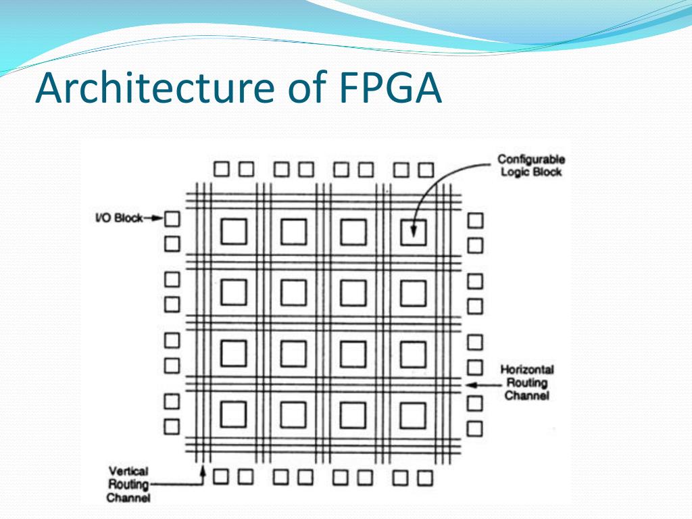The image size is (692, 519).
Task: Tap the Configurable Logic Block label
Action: pyautogui.click(x=531, y=166)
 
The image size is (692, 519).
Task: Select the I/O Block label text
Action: pyautogui.click(x=119, y=218)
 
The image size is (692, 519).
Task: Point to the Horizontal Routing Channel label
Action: pyautogui.click(x=526, y=382)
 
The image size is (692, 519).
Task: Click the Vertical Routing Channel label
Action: pyautogui.click(x=128, y=485)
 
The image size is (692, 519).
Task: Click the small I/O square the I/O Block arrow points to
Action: pyautogui.click(x=173, y=218)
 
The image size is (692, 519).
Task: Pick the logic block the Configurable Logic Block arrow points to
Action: pyautogui.click(x=413, y=232)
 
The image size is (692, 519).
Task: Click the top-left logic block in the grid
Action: pyautogui.click(x=234, y=232)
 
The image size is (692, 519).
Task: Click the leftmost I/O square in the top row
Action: pyautogui.click(x=221, y=168)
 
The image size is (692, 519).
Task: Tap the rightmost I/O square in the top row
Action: pyautogui.click(x=425, y=168)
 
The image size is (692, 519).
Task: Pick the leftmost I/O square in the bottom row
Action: pyautogui.click(x=221, y=477)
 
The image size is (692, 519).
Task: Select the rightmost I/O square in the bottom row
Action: pyautogui.click(x=425, y=478)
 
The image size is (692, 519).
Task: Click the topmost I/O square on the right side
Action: pyautogui.click(x=476, y=220)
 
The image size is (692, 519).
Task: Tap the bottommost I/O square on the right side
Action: pyautogui.click(x=476, y=428)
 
